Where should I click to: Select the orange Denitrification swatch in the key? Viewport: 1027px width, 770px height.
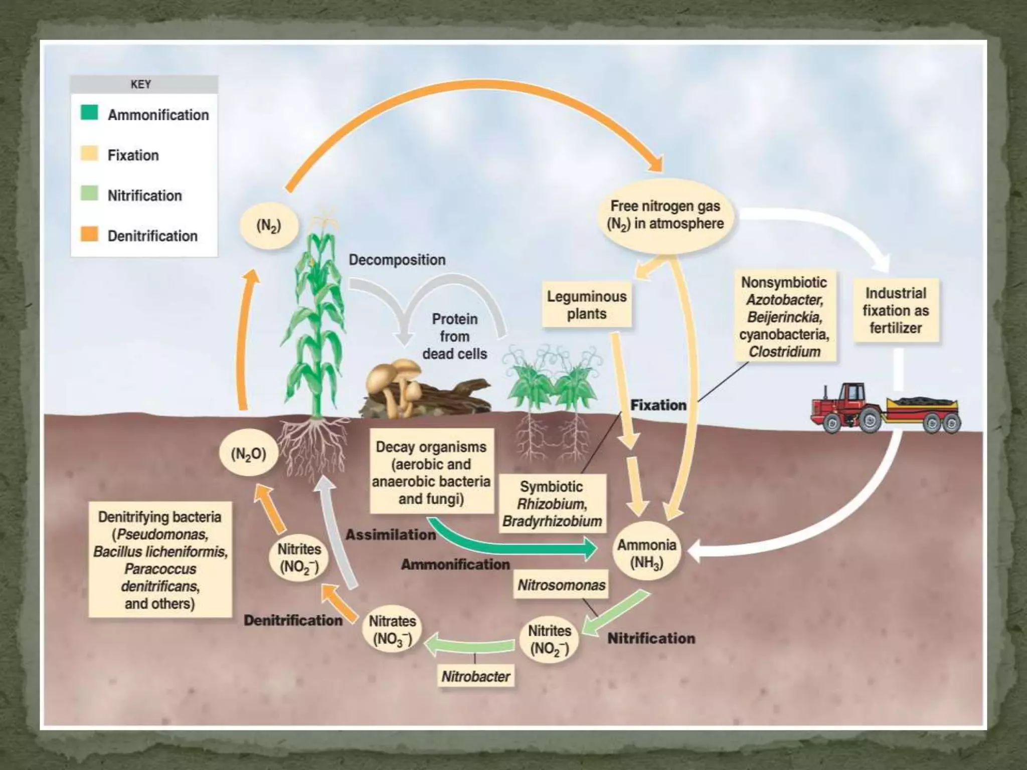pos(89,234)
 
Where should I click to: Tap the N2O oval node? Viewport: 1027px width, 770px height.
pos(248,454)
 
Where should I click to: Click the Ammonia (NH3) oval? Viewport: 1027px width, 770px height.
pos(647,553)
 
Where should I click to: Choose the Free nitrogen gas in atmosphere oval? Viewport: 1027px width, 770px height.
pos(665,215)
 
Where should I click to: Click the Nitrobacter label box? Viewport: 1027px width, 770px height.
pos(475,676)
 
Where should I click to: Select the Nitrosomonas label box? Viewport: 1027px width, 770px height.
pos(561,585)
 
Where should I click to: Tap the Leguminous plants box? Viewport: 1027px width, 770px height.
pos(587,305)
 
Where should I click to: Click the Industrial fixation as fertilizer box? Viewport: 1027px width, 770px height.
pos(896,310)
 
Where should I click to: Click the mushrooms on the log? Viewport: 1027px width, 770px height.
pos(396,381)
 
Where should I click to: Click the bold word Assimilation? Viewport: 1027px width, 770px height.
pos(391,534)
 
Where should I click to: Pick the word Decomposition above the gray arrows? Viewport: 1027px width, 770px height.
pos(397,260)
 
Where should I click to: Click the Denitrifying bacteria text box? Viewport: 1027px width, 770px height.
pos(160,559)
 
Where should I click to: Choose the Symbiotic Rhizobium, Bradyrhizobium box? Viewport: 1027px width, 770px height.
pos(552,503)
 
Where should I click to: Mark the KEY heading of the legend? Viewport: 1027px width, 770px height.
pos(141,84)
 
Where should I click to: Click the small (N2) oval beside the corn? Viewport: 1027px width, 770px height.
pos(269,226)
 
